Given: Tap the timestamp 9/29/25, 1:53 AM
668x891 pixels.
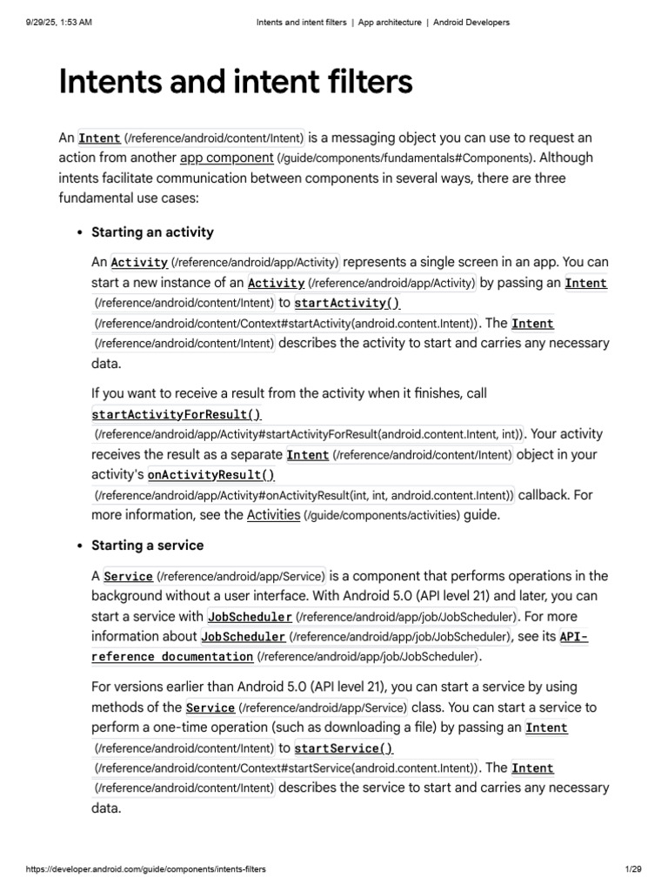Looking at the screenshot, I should (x=54, y=23).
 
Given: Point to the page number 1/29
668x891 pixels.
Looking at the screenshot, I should (x=632, y=869).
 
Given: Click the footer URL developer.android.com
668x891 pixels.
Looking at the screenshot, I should (x=145, y=869).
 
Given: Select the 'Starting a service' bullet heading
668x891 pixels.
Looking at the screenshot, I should (x=147, y=546).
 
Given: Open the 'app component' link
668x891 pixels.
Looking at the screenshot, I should (x=226, y=158).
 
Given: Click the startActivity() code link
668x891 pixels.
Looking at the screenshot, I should (x=347, y=304).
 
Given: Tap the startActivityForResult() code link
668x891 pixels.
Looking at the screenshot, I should (x=177, y=414).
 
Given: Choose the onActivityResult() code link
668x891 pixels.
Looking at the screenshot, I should (x=210, y=475).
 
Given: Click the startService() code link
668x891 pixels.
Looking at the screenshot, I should (x=344, y=748).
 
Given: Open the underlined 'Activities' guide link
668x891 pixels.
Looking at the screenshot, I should (x=273, y=515).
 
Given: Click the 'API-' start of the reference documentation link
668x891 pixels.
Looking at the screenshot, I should (x=573, y=637).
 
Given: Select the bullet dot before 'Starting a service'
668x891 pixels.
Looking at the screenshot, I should (x=80, y=546).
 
